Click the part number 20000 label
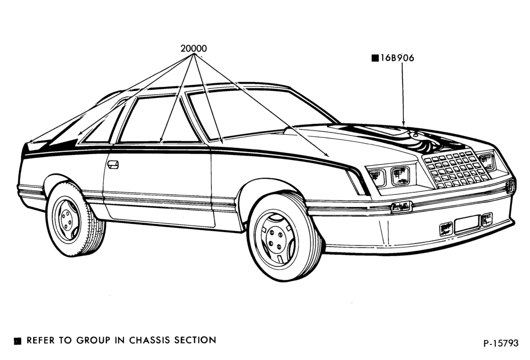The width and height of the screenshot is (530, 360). pos(194,48)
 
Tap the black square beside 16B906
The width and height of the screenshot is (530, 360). pos(375,58)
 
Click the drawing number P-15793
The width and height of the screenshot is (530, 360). pos(501,343)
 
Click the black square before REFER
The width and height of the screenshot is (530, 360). pos(18,341)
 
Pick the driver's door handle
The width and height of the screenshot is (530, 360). pos(113,165)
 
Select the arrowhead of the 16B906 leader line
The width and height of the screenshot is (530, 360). pos(403,122)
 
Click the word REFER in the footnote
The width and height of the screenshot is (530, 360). pos(41,340)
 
